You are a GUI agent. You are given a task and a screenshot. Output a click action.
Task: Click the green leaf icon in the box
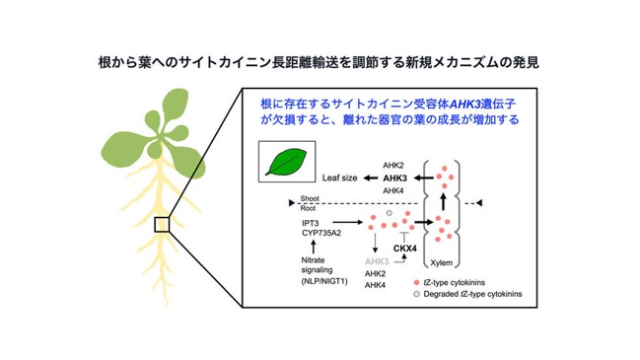[x=286, y=162]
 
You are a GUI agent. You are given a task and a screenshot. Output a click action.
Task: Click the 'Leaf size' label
[x=339, y=178]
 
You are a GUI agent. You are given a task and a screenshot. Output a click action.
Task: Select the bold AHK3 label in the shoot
[x=394, y=179]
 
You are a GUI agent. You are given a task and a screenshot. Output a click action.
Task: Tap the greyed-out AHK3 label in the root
[x=377, y=261]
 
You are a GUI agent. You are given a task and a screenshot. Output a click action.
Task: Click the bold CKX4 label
[x=405, y=249]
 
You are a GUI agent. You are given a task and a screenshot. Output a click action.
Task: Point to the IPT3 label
[x=311, y=223]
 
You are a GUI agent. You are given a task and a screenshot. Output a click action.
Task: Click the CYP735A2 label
[x=321, y=233]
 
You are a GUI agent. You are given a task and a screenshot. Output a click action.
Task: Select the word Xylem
[x=441, y=263]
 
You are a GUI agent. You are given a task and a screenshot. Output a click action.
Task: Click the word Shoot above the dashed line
[x=310, y=198]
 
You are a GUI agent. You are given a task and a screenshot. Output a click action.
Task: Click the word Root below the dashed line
[x=308, y=208]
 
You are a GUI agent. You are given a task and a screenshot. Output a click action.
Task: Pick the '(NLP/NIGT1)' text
[x=324, y=281]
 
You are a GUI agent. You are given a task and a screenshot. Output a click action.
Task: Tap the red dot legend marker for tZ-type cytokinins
[x=416, y=282]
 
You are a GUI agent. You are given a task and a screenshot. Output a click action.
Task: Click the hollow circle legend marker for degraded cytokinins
[x=416, y=294]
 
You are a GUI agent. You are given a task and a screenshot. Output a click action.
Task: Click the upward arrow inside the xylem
[x=443, y=201]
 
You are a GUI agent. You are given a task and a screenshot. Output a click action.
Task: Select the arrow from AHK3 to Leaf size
[x=371, y=178]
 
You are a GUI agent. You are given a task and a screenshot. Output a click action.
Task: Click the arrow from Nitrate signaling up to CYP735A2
[x=313, y=247]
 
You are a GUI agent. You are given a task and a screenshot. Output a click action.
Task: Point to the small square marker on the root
[x=162, y=225]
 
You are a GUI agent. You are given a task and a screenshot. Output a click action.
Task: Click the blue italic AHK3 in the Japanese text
[x=464, y=105]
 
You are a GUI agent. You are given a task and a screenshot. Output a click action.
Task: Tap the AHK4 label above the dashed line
[x=393, y=190]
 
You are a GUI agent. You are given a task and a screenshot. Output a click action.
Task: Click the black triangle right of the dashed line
[x=479, y=203]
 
